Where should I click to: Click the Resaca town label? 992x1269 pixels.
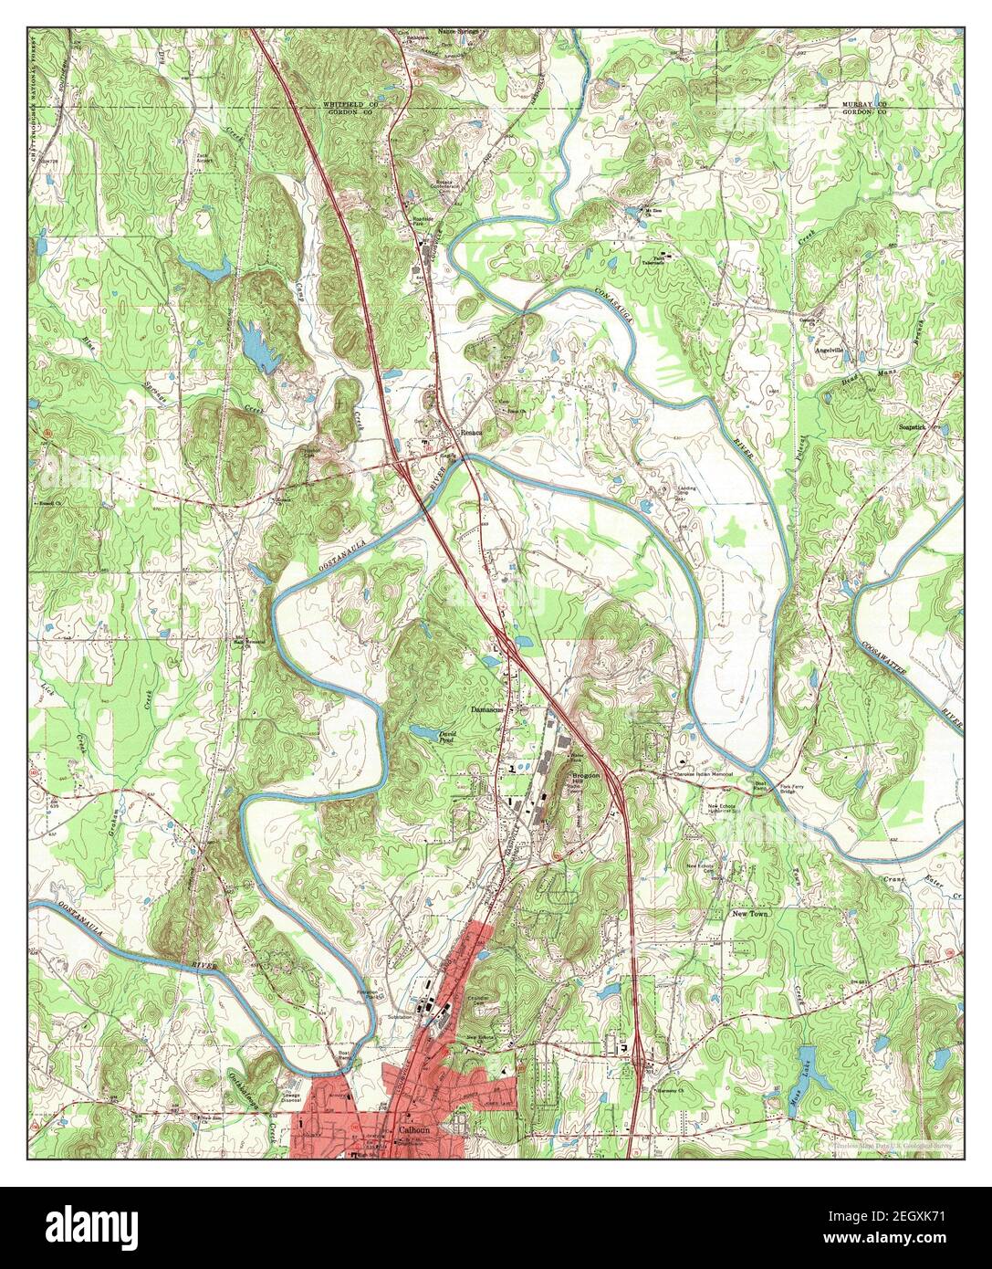point(471,434)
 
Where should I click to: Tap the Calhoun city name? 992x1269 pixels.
point(413,1129)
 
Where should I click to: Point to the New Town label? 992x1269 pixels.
point(751,913)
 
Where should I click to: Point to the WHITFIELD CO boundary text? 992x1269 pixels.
point(352,105)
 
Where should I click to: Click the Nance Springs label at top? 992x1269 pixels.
point(458,30)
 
